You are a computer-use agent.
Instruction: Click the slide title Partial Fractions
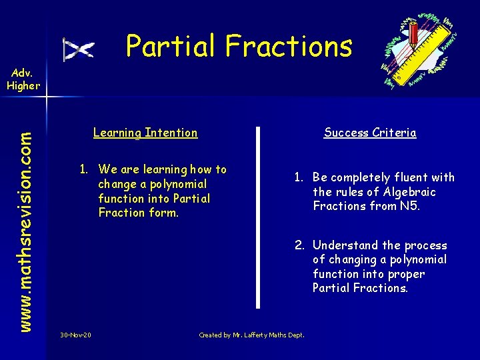(239, 46)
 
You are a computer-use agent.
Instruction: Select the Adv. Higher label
(23, 79)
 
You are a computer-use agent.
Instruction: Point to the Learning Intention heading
(145, 133)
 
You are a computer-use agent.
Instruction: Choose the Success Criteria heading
(370, 133)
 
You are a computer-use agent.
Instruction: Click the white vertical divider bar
(259, 217)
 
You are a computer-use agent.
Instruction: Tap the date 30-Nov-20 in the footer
(75, 335)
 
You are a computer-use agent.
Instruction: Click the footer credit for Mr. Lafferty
(251, 335)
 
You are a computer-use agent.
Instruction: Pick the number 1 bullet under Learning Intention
(84, 169)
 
